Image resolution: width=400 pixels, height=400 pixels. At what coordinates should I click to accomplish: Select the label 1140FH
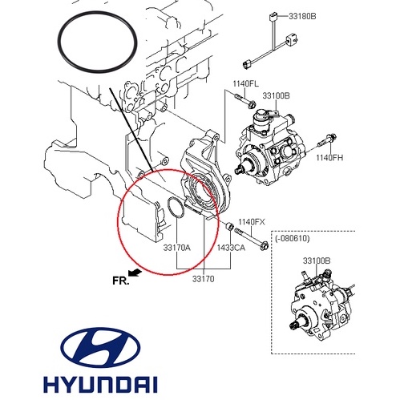pos(329,158)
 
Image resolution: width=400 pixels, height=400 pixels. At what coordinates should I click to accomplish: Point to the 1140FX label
pos(251,220)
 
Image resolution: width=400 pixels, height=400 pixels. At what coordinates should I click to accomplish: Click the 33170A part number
pos(177,248)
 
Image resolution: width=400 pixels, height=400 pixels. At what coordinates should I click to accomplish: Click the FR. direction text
pos(122,281)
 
